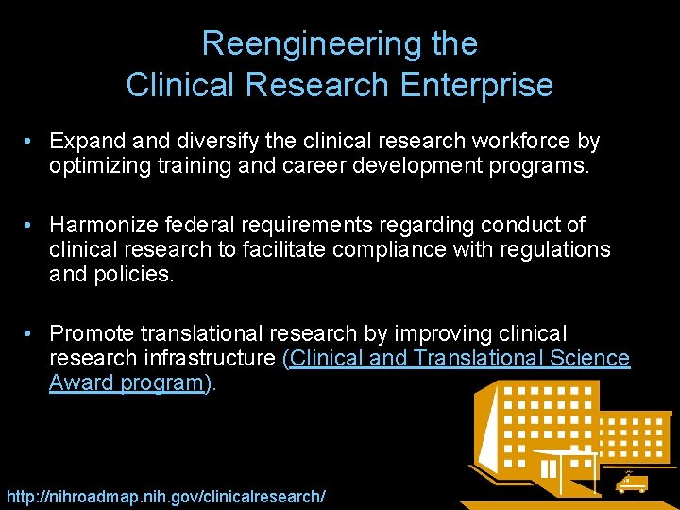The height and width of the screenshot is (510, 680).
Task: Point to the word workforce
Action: (x=526, y=142)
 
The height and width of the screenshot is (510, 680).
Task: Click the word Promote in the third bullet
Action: (x=92, y=333)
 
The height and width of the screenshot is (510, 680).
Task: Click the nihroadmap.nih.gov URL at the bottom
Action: (x=166, y=496)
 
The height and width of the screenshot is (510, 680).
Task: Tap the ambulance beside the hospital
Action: (x=631, y=483)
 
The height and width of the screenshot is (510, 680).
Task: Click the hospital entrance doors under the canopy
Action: (x=548, y=468)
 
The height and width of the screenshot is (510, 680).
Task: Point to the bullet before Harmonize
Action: (x=31, y=225)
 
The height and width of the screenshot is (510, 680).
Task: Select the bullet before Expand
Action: (x=31, y=142)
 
